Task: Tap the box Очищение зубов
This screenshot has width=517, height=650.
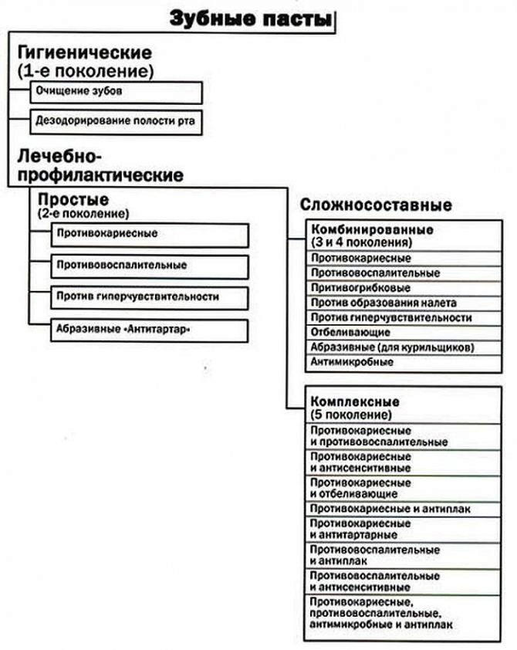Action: point(116,92)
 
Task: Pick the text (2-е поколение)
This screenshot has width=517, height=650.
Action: point(83,212)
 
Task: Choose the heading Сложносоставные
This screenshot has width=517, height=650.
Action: point(375,206)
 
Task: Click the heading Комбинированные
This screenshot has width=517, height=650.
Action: point(371,230)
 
